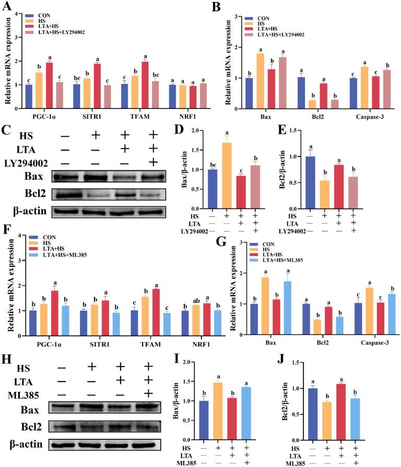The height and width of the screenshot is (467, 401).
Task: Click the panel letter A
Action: (7, 7)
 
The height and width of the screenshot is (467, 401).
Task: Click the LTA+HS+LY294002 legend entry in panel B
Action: (280, 35)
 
